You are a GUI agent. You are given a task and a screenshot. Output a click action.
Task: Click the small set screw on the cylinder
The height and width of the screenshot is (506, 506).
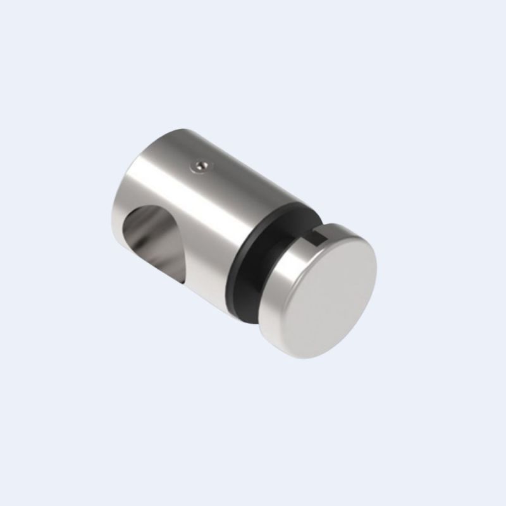201,165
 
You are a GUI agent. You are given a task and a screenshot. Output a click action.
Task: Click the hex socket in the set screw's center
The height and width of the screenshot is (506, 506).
201,165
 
